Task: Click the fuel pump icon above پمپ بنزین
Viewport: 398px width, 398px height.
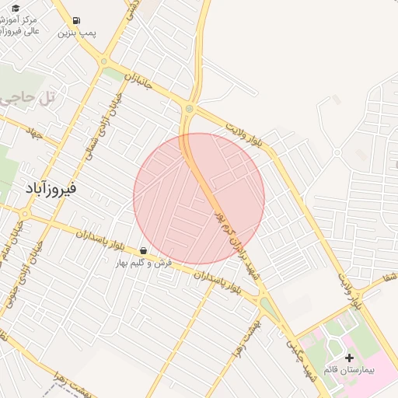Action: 75,20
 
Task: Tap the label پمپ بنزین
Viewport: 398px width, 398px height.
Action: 77,34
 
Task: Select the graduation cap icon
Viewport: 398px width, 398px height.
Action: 15,8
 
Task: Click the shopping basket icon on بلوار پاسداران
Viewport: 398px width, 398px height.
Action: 144,251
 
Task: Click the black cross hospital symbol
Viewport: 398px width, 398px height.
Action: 349,358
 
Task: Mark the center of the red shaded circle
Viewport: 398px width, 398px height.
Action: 199,199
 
